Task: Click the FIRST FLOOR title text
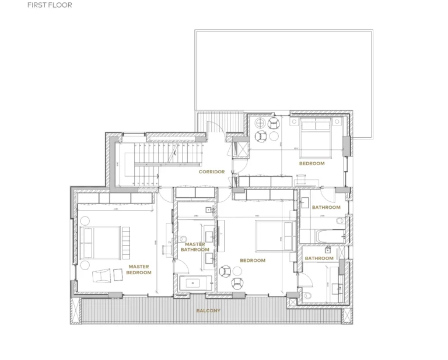pyautogui.click(x=50, y=6)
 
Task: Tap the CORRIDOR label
pyautogui.click(x=212, y=172)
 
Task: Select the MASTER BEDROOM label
pyautogui.click(x=139, y=270)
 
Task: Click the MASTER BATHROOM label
pyautogui.click(x=194, y=247)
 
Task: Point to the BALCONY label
pyautogui.click(x=208, y=310)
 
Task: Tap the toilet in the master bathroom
pyautogui.click(x=182, y=239)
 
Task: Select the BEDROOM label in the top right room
pyautogui.click(x=311, y=164)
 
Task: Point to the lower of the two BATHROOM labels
pyautogui.click(x=319, y=258)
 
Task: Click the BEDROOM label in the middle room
pyautogui.click(x=253, y=260)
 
